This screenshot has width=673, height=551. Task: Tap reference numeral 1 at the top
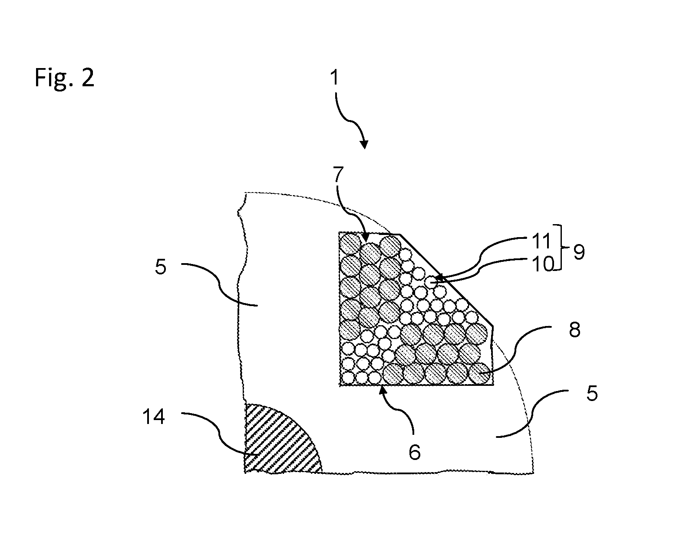coord(334,78)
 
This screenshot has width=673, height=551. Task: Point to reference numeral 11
coord(541,241)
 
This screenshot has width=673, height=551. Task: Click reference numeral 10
coord(544,264)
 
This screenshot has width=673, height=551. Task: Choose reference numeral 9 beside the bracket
coord(578,252)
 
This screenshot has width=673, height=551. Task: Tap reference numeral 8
coord(574,330)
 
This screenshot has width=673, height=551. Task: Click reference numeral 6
coord(415,452)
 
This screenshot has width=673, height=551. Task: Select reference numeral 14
coord(154,417)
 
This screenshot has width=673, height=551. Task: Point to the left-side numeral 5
coord(161,267)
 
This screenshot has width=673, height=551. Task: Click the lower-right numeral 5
coord(592,393)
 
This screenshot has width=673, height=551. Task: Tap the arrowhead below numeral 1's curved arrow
coord(364,144)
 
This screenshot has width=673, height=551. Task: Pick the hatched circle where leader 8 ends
coord(479,373)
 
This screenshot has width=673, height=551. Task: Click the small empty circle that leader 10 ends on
coord(431,281)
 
